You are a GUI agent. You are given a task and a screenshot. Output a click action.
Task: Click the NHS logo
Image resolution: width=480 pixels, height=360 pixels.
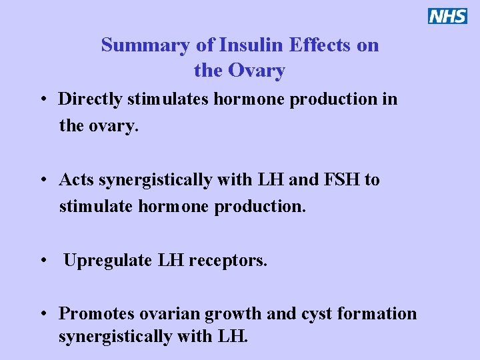[x=447, y=16]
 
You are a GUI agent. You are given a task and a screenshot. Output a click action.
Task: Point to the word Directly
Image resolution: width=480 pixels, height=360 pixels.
[x=91, y=100]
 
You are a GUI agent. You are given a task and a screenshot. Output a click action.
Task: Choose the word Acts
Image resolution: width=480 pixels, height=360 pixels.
[x=75, y=180]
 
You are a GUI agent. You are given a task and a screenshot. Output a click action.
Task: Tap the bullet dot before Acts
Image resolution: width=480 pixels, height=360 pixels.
[x=42, y=181]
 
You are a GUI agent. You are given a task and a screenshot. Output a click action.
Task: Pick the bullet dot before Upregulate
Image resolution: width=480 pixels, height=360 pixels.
[x=42, y=261]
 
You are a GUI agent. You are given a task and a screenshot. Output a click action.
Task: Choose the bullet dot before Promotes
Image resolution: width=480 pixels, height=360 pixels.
[x=42, y=315]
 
